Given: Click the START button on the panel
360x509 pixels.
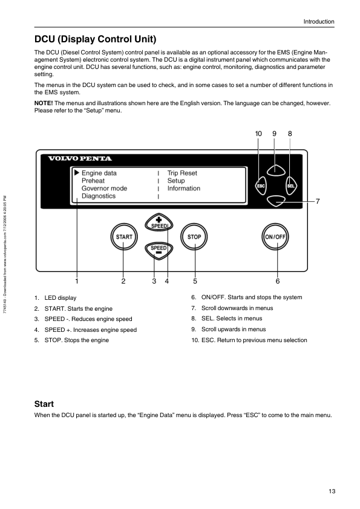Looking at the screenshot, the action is point(124,236).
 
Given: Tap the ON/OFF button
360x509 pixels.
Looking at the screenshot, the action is point(275,236).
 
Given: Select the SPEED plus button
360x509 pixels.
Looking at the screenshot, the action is point(159,222).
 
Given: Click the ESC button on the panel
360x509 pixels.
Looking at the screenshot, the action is point(261,186).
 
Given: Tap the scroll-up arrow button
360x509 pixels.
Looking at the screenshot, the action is point(276,170).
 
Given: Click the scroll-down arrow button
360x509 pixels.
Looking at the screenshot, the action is point(276,201).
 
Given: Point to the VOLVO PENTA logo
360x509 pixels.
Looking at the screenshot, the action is point(80,158).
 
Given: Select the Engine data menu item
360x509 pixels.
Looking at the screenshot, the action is point(99,173).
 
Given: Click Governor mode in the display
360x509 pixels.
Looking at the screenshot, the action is point(104,188).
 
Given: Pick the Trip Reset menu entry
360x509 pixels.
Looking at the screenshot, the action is point(182,173).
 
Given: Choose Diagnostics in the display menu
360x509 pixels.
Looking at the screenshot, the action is point(99,196).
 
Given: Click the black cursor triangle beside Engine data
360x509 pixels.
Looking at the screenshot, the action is point(77,172).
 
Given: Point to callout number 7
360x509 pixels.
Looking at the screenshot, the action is point(318,201).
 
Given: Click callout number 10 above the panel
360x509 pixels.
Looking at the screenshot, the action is point(258,134).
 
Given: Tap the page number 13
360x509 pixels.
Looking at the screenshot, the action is point(332,491).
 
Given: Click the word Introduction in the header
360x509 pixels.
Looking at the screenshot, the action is point(319,22).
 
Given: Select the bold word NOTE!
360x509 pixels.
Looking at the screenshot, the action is point(44,103).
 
